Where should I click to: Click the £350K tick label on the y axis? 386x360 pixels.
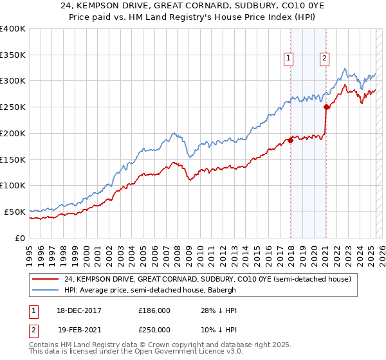pos(13,55)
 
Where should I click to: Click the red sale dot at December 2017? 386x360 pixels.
pos(290,141)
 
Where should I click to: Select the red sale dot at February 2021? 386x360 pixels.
pos(326,107)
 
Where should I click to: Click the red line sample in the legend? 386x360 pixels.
pos(46,279)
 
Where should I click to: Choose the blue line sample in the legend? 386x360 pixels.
pos(46,290)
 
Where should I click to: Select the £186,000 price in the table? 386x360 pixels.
pos(155,310)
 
